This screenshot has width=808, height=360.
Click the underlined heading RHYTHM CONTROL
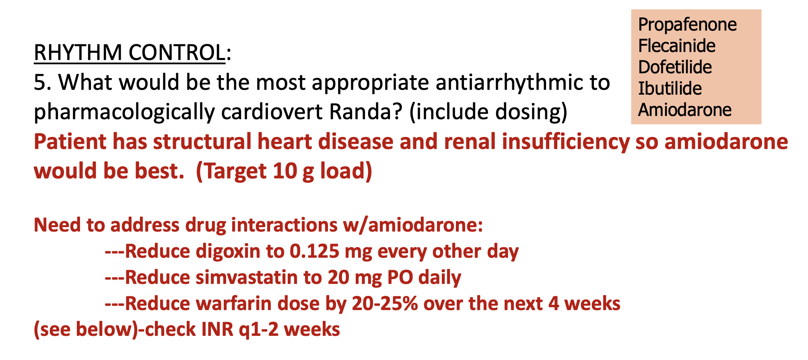pos(129,53)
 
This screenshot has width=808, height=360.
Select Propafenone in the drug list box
pos(687,25)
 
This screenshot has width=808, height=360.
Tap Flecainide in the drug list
pos(676,46)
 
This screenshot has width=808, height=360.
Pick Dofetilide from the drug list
pos(674,67)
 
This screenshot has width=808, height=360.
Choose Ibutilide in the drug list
pos(670,89)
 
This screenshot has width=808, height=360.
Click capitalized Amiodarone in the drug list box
pos(684,110)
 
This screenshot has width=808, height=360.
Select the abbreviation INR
pos(217,330)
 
